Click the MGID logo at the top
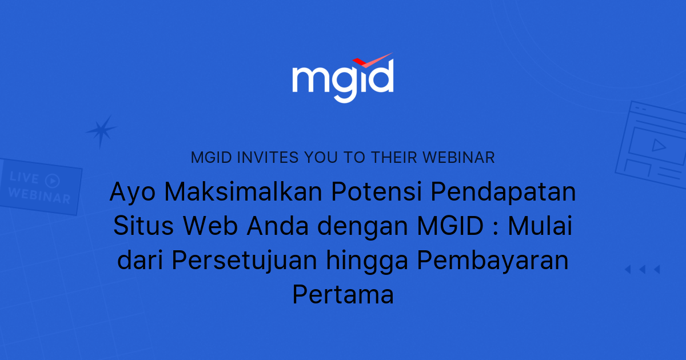click(x=342, y=80)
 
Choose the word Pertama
click(x=342, y=295)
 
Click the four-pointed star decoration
click(x=101, y=131)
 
